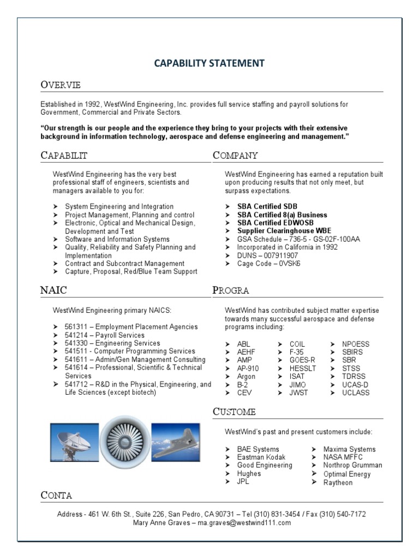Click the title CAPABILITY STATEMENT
pyautogui.click(x=209, y=63)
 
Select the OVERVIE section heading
pyautogui.click(x=61, y=85)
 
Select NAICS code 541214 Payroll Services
pyautogui.click(x=105, y=335)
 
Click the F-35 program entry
pyautogui.click(x=297, y=352)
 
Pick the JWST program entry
pyautogui.click(x=298, y=393)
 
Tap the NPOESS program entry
pyautogui.click(x=355, y=344)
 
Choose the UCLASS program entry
pyautogui.click(x=355, y=393)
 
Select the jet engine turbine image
pyautogui.click(x=125, y=441)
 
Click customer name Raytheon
pyautogui.click(x=338, y=483)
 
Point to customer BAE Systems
pyautogui.click(x=258, y=449)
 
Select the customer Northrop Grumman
pyautogui.click(x=352, y=466)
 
